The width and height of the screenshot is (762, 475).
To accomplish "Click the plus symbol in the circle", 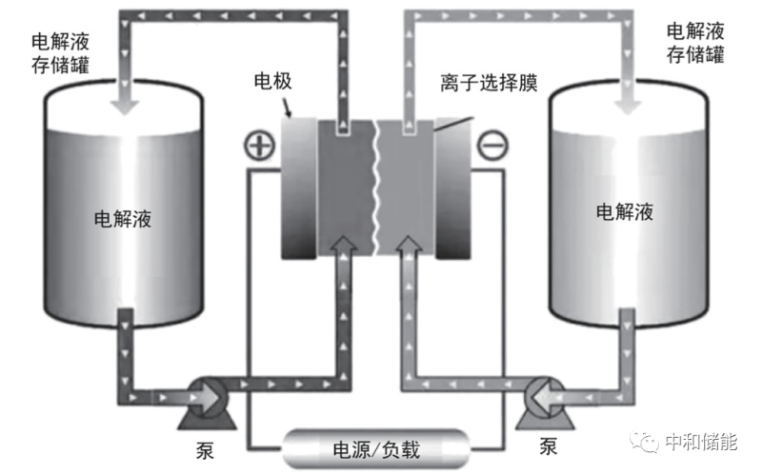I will click(x=258, y=146).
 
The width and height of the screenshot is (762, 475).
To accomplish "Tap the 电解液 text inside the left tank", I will click(x=124, y=218).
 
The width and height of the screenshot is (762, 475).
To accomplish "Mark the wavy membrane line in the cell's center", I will click(x=374, y=190).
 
